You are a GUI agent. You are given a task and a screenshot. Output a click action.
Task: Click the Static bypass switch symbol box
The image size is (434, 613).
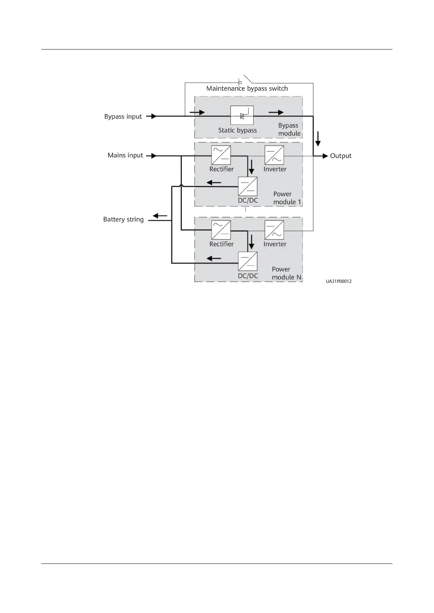(x=242, y=115)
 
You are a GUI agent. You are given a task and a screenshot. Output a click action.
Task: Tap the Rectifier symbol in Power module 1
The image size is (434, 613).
(x=221, y=155)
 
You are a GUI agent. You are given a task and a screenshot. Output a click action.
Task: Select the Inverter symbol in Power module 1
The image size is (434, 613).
(x=274, y=155)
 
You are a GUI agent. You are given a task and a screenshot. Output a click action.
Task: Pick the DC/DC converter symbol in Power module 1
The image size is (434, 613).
(x=247, y=186)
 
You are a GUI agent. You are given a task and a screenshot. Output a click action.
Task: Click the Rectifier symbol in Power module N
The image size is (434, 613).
(x=221, y=230)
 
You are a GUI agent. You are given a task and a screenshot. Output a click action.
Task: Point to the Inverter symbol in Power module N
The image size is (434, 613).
(x=274, y=230)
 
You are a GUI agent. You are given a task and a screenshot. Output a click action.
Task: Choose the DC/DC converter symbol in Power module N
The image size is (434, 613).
(x=247, y=261)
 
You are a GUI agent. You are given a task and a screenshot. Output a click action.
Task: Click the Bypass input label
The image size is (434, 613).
(x=123, y=116)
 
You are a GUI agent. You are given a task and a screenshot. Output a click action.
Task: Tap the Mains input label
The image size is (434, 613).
(x=125, y=155)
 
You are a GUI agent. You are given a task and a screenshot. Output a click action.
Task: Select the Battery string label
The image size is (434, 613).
(x=123, y=220)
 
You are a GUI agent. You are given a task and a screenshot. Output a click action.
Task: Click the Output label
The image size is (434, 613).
(x=340, y=156)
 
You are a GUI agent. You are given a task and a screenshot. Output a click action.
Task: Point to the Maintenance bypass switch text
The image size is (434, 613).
(x=247, y=88)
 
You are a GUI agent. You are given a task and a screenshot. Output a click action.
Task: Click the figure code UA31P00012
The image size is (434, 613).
(x=339, y=281)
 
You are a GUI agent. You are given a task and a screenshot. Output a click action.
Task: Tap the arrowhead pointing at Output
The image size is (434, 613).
(x=325, y=156)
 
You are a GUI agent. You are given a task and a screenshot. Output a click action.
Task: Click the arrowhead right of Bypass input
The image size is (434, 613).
(x=153, y=116)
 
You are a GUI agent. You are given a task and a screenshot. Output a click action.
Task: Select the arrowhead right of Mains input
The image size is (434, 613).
(x=153, y=156)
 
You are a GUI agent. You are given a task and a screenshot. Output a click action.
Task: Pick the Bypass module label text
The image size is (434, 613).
(x=289, y=129)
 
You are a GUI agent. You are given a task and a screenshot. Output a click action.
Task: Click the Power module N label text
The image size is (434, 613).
(x=286, y=273)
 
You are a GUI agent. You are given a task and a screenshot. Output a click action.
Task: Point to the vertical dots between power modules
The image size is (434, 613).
(x=245, y=210)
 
